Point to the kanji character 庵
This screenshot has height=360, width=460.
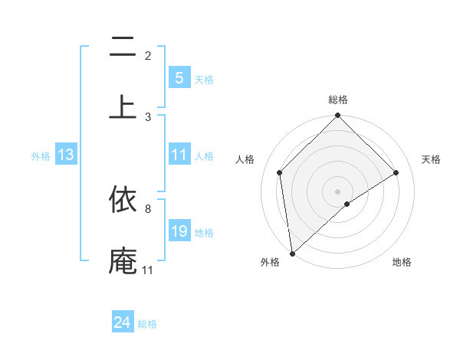123,260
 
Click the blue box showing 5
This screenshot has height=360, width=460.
179,77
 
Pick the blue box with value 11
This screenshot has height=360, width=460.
179,155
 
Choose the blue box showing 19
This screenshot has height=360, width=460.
179,231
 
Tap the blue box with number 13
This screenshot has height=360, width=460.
65,155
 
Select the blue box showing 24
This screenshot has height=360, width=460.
122,322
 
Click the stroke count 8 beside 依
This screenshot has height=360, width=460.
147,208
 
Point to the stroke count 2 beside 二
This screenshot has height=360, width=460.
148,55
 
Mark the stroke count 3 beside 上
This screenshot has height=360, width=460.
148,116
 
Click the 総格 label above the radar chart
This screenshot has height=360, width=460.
338,100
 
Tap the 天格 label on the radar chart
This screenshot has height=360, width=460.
432,159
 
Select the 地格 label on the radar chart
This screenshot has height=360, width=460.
402,262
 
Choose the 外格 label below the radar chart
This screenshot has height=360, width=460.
270,262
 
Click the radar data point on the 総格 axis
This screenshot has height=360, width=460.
338,116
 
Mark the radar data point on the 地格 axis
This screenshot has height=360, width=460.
347,204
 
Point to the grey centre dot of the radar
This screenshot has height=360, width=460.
338,191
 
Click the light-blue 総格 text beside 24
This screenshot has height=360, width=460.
147,324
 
